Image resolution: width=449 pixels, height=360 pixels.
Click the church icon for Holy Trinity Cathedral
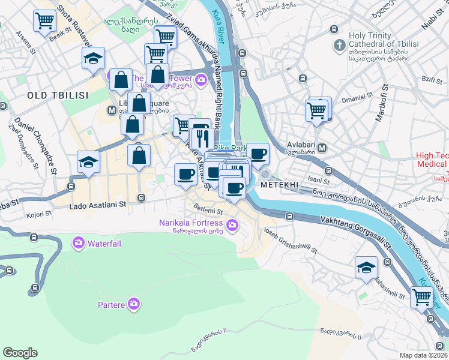[x=339, y=46]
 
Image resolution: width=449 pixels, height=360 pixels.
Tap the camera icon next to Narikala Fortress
[x=233, y=226]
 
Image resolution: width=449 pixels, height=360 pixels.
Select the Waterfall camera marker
[x=78, y=244]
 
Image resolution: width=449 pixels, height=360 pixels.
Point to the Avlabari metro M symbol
[x=322, y=148]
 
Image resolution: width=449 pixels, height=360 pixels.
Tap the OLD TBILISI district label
[x=58, y=95]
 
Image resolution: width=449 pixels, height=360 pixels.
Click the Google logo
[x=20, y=353]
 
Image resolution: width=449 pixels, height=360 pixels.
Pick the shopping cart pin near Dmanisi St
[x=316, y=110]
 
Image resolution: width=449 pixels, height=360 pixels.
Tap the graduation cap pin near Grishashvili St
[x=366, y=268]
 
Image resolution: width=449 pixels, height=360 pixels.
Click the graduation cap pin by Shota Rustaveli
[x=93, y=58]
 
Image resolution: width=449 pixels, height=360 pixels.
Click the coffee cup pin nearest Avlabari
[x=258, y=154]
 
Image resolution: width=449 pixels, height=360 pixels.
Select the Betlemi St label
[x=208, y=211]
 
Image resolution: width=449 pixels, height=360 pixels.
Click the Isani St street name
[x=318, y=180]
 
